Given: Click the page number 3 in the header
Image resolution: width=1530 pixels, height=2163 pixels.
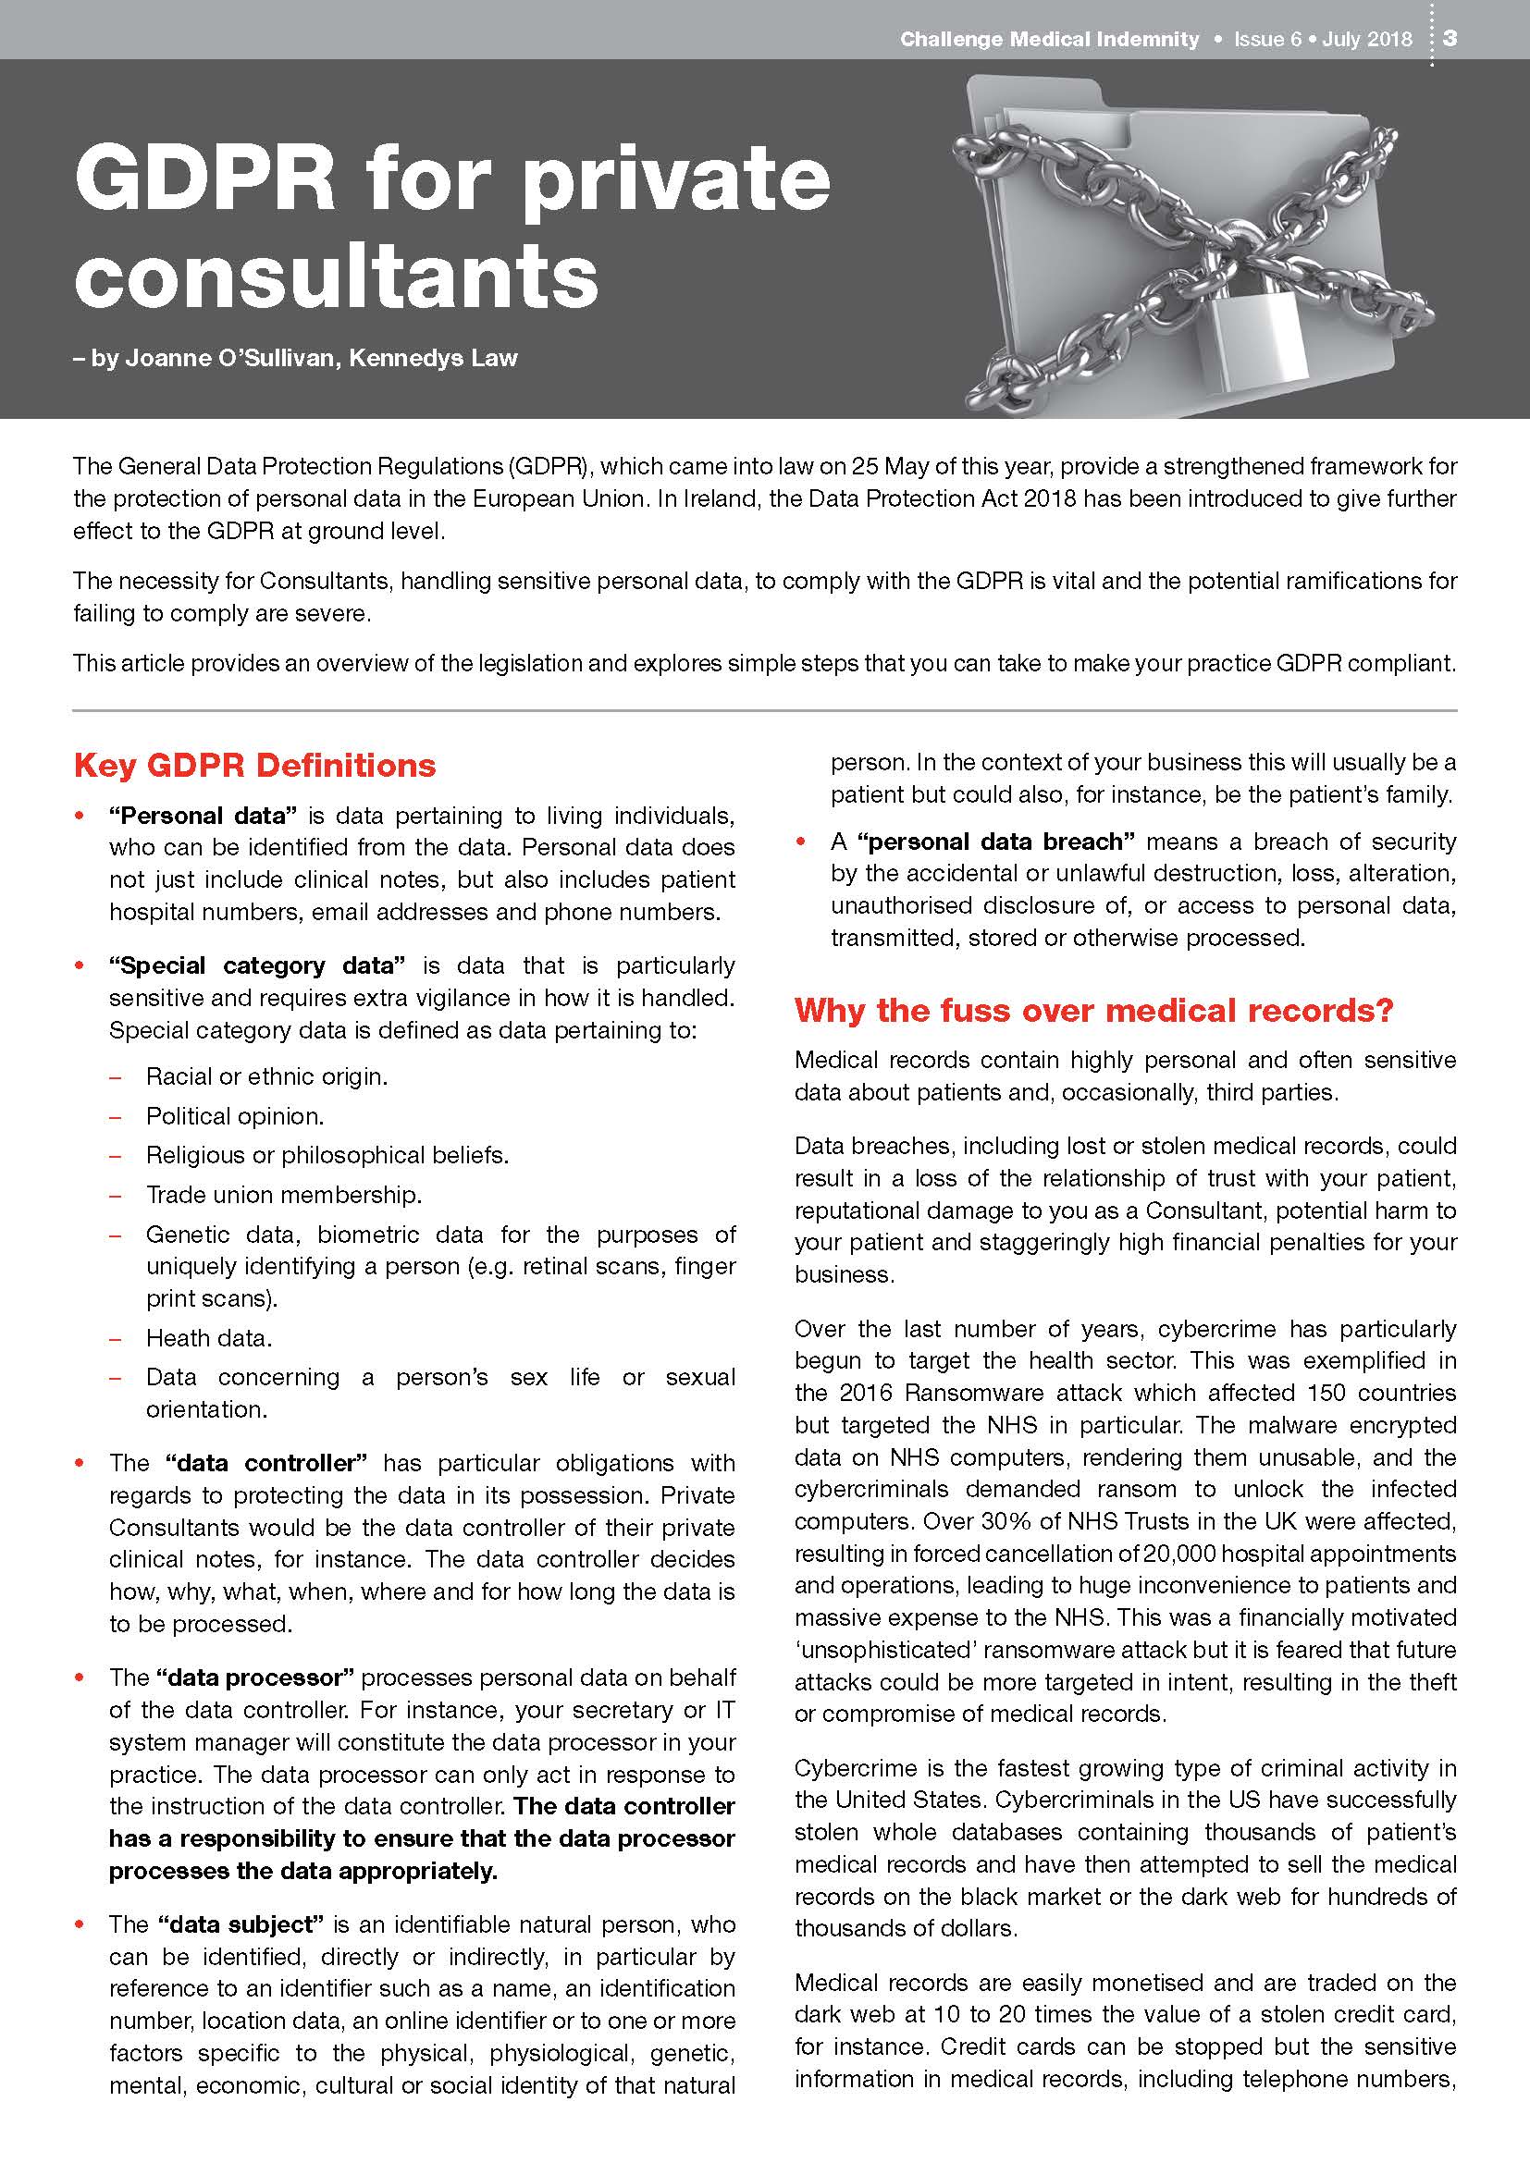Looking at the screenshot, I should pyautogui.click(x=1450, y=38).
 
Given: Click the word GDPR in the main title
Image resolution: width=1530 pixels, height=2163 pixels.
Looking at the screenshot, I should pyautogui.click(x=204, y=178).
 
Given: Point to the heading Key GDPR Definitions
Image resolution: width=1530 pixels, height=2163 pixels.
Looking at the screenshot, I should pyautogui.click(x=254, y=765).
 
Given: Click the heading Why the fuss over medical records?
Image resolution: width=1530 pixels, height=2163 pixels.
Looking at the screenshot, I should pyautogui.click(x=1092, y=1010).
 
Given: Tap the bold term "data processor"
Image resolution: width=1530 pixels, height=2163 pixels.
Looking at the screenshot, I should pyautogui.click(x=255, y=1677).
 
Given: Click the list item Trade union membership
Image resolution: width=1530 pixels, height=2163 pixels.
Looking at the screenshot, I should pyautogui.click(x=284, y=1195).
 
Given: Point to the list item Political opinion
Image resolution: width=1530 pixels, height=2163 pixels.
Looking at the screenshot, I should pyautogui.click(x=235, y=1116).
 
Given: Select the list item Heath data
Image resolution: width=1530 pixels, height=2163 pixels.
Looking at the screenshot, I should pyautogui.click(x=208, y=1338).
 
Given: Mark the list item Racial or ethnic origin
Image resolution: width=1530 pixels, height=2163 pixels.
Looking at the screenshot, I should pyautogui.click(x=266, y=1076).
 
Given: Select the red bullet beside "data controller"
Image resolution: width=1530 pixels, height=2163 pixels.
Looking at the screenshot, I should pyautogui.click(x=80, y=1463).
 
